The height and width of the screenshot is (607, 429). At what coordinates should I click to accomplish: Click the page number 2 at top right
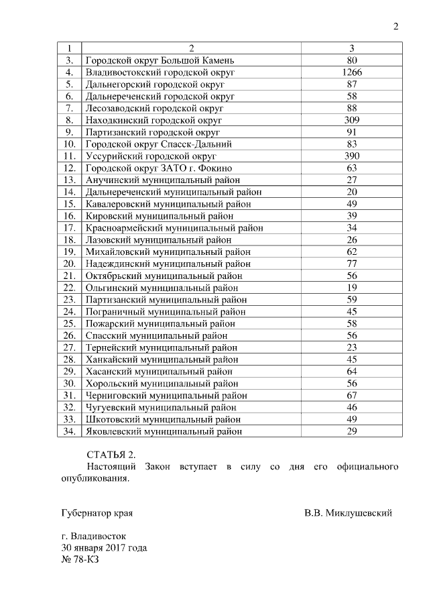pos(395,27)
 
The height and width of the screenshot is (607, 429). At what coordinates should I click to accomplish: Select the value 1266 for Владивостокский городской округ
pos(351,72)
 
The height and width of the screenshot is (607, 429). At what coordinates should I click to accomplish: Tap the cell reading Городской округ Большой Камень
pos(149,60)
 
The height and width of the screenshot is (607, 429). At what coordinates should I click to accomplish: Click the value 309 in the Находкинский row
pos(351,120)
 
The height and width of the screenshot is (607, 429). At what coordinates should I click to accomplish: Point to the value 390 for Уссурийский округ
pos(351,156)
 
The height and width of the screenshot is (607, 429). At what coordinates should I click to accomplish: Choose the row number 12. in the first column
pos(69,168)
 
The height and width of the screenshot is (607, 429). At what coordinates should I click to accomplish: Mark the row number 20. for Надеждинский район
pos(69,264)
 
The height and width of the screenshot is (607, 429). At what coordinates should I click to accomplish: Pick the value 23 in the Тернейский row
pos(351,347)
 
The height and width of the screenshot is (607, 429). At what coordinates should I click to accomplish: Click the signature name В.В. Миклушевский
pos(348,514)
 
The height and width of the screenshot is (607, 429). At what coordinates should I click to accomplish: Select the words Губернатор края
pos(97,514)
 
